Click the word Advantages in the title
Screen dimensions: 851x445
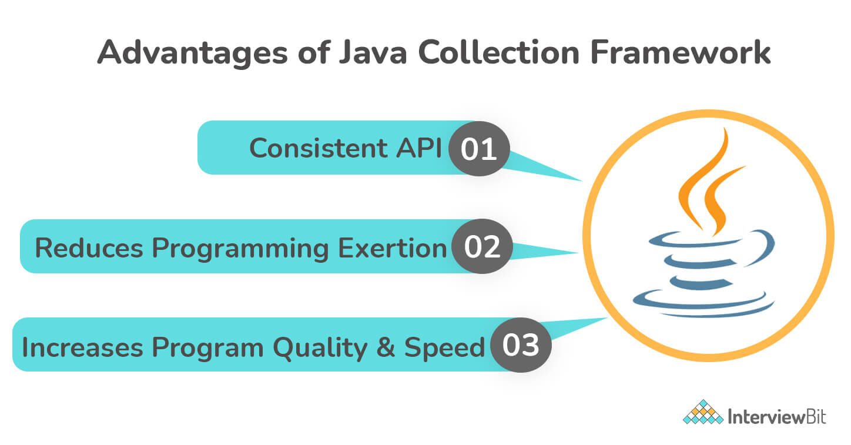pyautogui.click(x=192, y=53)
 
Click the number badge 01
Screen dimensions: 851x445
pyautogui.click(x=478, y=149)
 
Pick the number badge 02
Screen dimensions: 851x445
pyautogui.click(x=482, y=246)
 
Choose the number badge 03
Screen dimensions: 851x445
pyautogui.click(x=521, y=344)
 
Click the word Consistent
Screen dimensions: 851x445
pyautogui.click(x=319, y=148)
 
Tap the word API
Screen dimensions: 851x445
pyautogui.click(x=420, y=148)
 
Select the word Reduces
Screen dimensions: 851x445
pyautogui.click(x=89, y=247)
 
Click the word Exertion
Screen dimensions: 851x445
pyautogui.click(x=392, y=247)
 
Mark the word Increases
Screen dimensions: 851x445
pyautogui.click(x=82, y=347)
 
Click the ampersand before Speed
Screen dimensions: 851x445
pyautogui.click(x=386, y=347)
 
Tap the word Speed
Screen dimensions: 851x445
pyautogui.click(x=444, y=348)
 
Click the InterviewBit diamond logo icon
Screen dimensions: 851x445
pyautogui.click(x=703, y=412)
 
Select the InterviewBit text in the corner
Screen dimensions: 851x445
pyautogui.click(x=776, y=417)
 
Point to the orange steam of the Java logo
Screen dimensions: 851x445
pyautogui.click(x=711, y=182)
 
